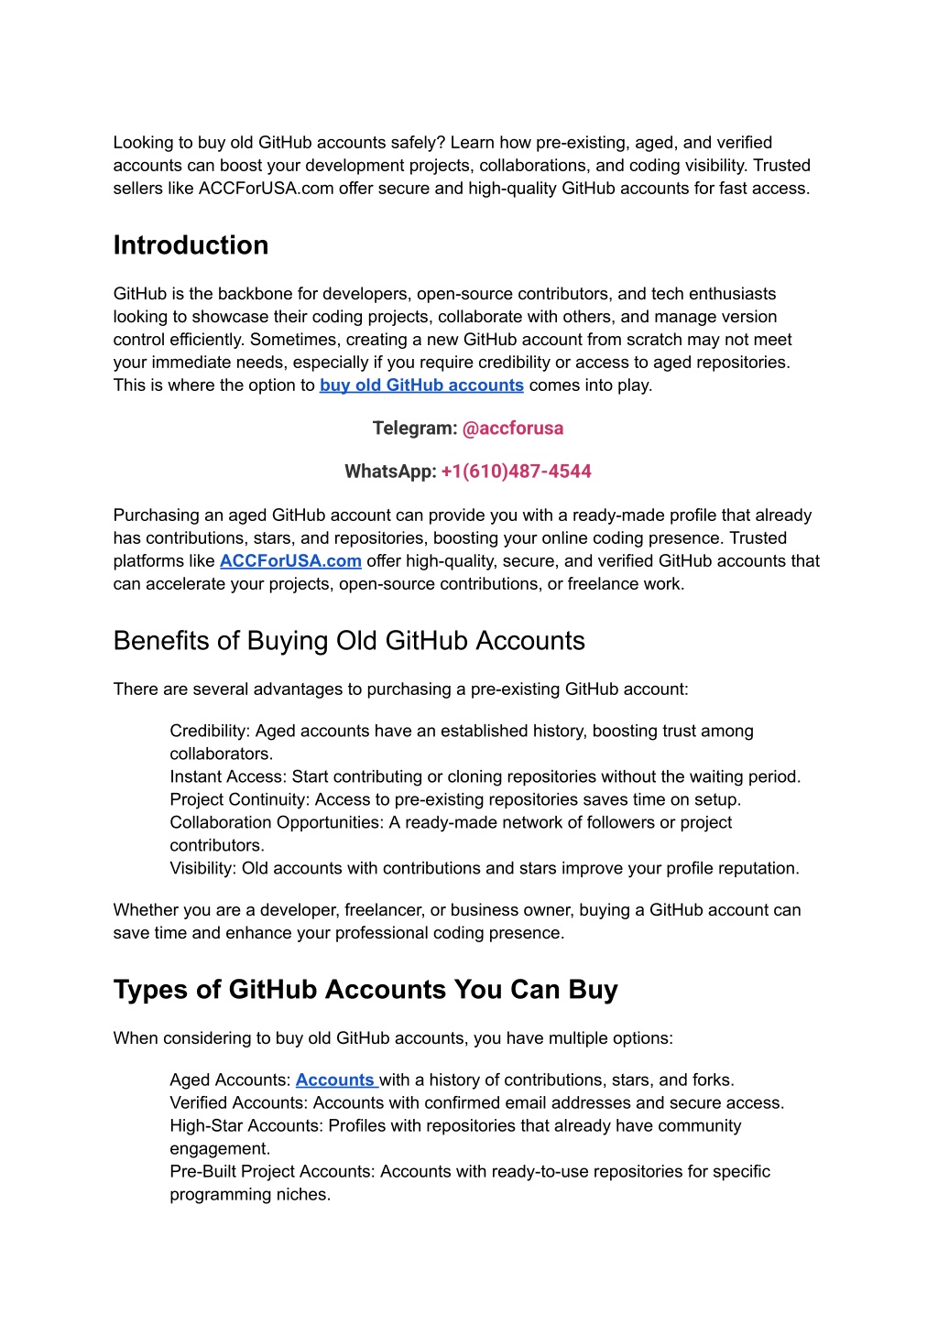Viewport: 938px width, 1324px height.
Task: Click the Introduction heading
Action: click(x=191, y=245)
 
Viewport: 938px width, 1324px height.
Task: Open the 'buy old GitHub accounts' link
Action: click(x=421, y=385)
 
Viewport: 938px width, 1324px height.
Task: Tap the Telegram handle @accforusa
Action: click(x=513, y=429)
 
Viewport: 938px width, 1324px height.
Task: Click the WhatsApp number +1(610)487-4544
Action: click(x=516, y=472)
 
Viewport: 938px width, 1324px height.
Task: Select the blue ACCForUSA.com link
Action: click(x=290, y=561)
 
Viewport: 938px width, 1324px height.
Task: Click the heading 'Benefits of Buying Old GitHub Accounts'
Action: click(x=349, y=641)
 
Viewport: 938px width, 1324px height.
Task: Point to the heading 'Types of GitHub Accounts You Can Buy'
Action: click(x=365, y=990)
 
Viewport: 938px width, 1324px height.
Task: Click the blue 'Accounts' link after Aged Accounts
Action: click(x=335, y=1080)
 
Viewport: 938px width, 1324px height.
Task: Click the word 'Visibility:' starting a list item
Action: click(x=203, y=869)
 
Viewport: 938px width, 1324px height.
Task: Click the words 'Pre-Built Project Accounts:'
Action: click(x=272, y=1172)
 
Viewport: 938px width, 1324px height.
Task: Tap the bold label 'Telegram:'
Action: click(x=415, y=429)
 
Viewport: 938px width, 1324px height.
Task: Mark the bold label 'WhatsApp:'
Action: click(x=390, y=472)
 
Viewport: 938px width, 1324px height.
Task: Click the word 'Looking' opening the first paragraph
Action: click(x=143, y=143)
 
